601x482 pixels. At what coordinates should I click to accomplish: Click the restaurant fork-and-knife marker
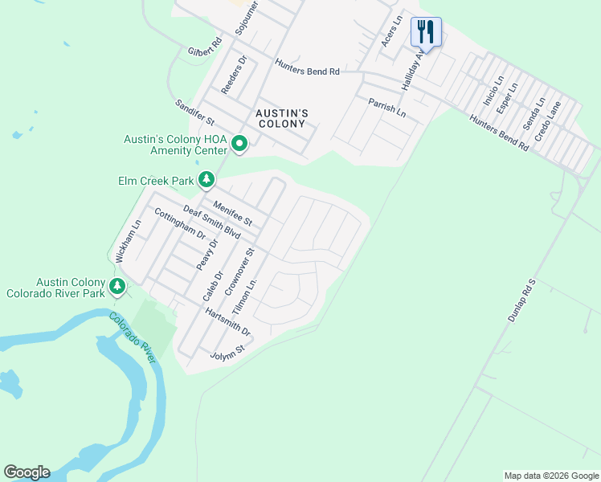pos(426,32)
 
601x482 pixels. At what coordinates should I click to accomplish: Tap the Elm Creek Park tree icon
pos(206,178)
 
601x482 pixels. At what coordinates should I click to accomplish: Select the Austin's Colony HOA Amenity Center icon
pos(239,145)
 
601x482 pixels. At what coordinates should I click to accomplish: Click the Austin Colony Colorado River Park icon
pos(117,285)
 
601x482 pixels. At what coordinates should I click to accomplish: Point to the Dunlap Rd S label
pos(521,300)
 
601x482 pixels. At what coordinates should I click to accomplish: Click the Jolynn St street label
pos(227,353)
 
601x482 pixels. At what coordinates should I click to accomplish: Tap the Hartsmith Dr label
pos(227,321)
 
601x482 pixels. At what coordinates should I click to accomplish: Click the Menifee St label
pos(233,214)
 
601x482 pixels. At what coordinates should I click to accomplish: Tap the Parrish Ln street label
pos(387,108)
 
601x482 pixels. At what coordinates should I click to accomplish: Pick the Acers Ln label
pos(390,35)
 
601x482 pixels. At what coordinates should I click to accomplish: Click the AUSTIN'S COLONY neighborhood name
pos(281,119)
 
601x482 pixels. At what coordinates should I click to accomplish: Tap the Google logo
pos(27,472)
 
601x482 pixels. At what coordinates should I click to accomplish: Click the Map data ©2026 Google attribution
pos(551,476)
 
